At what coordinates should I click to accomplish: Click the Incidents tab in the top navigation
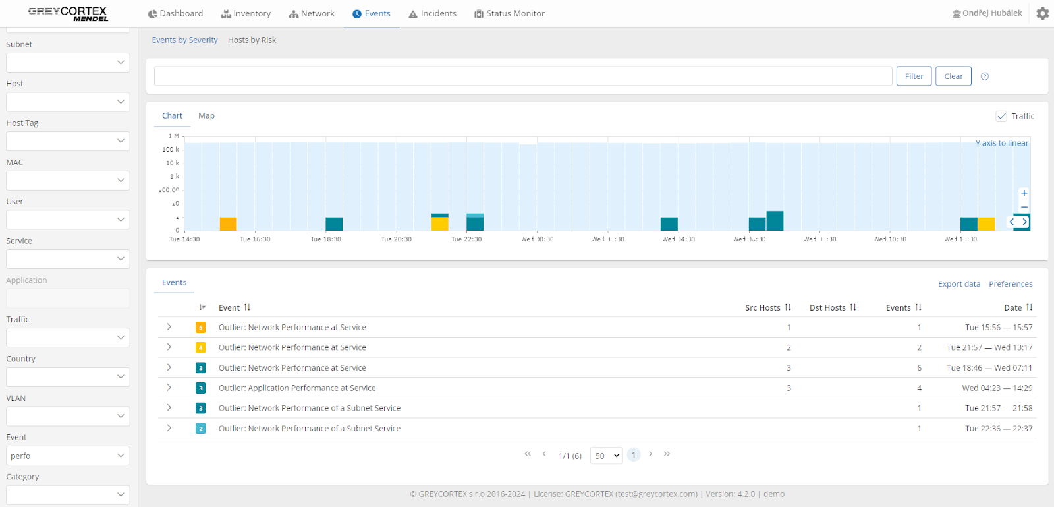click(x=432, y=14)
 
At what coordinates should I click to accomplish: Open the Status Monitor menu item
click(x=509, y=14)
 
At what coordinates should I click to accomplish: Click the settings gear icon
click(x=1042, y=13)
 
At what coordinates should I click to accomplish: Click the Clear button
click(x=953, y=76)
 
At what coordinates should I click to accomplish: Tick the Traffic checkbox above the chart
click(x=1001, y=116)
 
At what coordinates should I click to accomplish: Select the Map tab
click(x=206, y=116)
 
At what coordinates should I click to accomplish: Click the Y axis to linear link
click(x=1001, y=143)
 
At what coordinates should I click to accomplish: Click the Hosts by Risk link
click(x=252, y=40)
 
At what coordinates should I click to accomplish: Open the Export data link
click(x=958, y=284)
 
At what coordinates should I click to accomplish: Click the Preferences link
click(x=1011, y=284)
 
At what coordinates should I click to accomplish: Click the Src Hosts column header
click(x=763, y=308)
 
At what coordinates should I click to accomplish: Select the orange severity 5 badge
click(x=201, y=328)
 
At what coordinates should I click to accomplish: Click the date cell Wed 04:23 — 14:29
click(x=997, y=388)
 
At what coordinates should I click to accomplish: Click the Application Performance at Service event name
click(x=297, y=388)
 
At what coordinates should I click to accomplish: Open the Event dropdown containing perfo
click(x=68, y=456)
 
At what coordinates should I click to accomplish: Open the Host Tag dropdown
click(x=68, y=141)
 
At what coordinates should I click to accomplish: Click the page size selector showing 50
click(x=606, y=456)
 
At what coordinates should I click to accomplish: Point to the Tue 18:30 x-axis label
click(x=325, y=239)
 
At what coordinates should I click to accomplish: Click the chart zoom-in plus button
click(x=1024, y=193)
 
